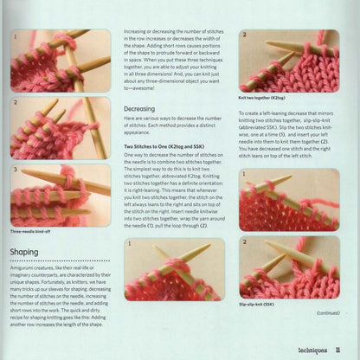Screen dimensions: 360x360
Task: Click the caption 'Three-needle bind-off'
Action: (x=34, y=231)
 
